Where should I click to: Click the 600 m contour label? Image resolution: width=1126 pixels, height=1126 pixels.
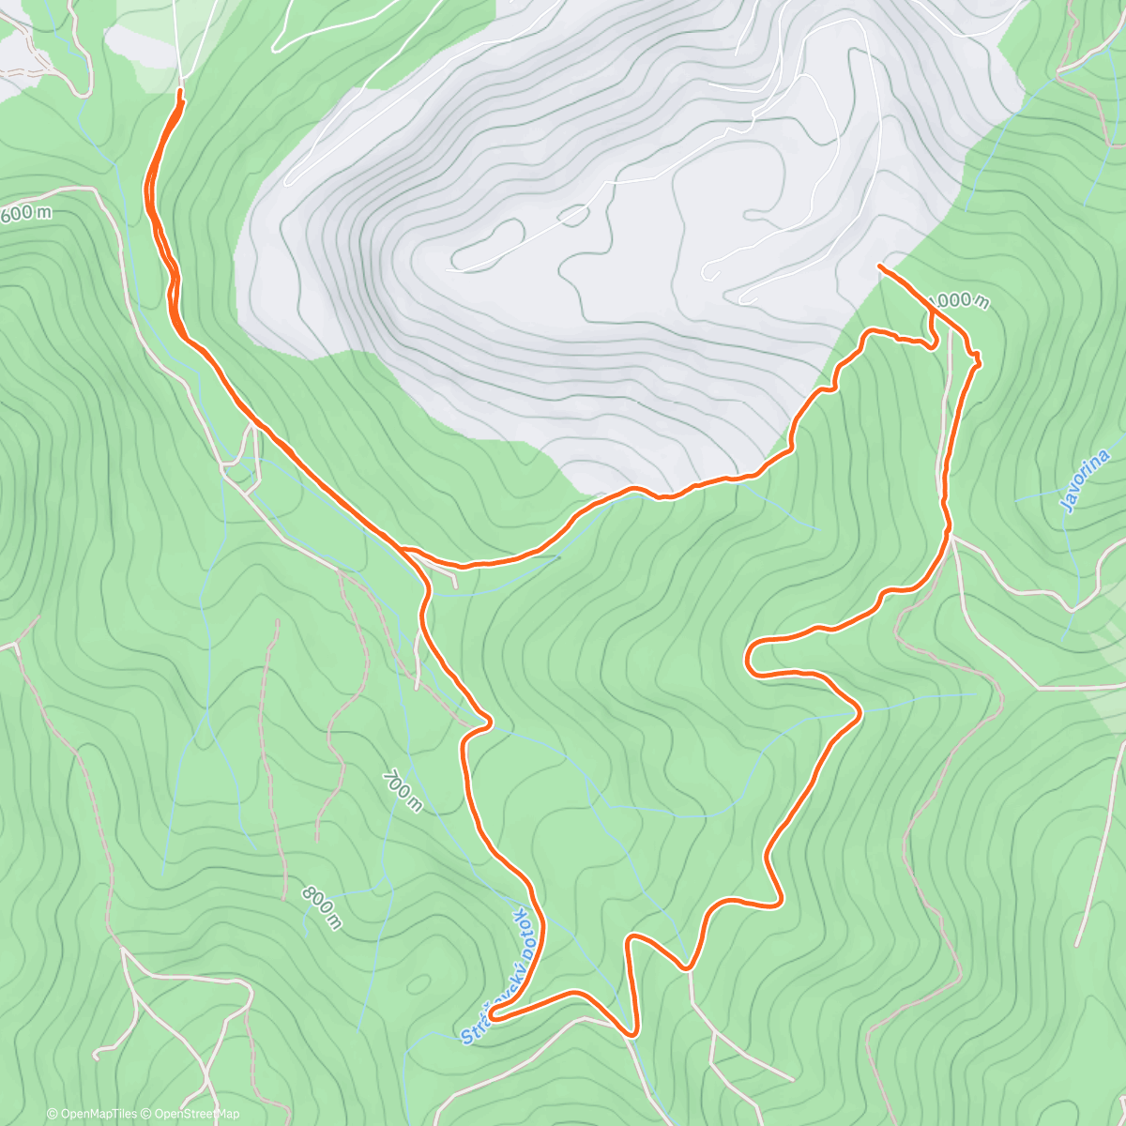tap(26, 213)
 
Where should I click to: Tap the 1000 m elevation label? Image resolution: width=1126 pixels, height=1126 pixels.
tap(958, 301)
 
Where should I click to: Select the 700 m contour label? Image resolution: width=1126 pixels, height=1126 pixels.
tap(403, 791)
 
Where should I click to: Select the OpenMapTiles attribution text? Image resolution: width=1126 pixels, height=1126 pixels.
tap(92, 1114)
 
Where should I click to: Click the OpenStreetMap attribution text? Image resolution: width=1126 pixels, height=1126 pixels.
tap(192, 1114)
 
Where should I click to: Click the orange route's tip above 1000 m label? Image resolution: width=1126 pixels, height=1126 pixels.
tap(879, 267)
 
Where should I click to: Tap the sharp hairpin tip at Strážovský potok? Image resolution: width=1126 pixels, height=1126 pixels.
tap(491, 1012)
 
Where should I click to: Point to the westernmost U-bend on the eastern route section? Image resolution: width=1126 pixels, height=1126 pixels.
tap(749, 657)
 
